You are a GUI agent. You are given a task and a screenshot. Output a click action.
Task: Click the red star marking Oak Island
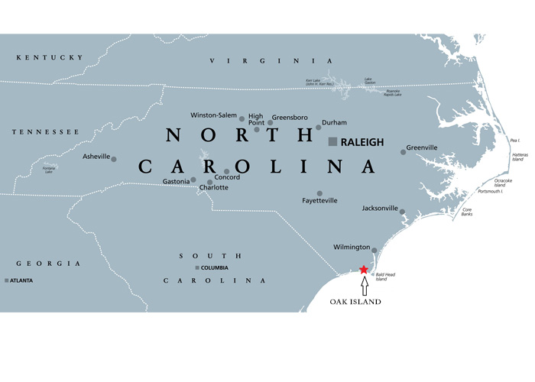click(x=363, y=269)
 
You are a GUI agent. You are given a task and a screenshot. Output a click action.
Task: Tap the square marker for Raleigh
click(x=332, y=142)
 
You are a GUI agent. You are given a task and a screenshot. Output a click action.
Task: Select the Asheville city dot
click(x=114, y=159)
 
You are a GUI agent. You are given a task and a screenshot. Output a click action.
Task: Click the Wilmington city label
click(x=352, y=248)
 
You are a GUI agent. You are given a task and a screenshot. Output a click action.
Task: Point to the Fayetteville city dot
click(x=319, y=193)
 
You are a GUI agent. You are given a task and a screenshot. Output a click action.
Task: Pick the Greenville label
click(x=422, y=147)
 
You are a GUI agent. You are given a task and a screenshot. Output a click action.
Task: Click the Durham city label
click(x=334, y=122)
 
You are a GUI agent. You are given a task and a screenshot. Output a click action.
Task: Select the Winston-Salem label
click(x=213, y=115)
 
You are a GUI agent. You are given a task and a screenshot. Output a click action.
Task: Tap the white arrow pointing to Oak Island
click(x=364, y=286)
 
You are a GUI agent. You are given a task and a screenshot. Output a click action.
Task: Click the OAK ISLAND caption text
click(x=355, y=303)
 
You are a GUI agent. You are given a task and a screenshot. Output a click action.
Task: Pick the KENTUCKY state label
click(x=50, y=57)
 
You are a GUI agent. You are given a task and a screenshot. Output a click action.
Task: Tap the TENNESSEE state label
click(x=46, y=132)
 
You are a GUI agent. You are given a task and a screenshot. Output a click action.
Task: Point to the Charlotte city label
click(x=213, y=187)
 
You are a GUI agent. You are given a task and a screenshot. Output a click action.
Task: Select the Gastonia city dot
click(x=193, y=180)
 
